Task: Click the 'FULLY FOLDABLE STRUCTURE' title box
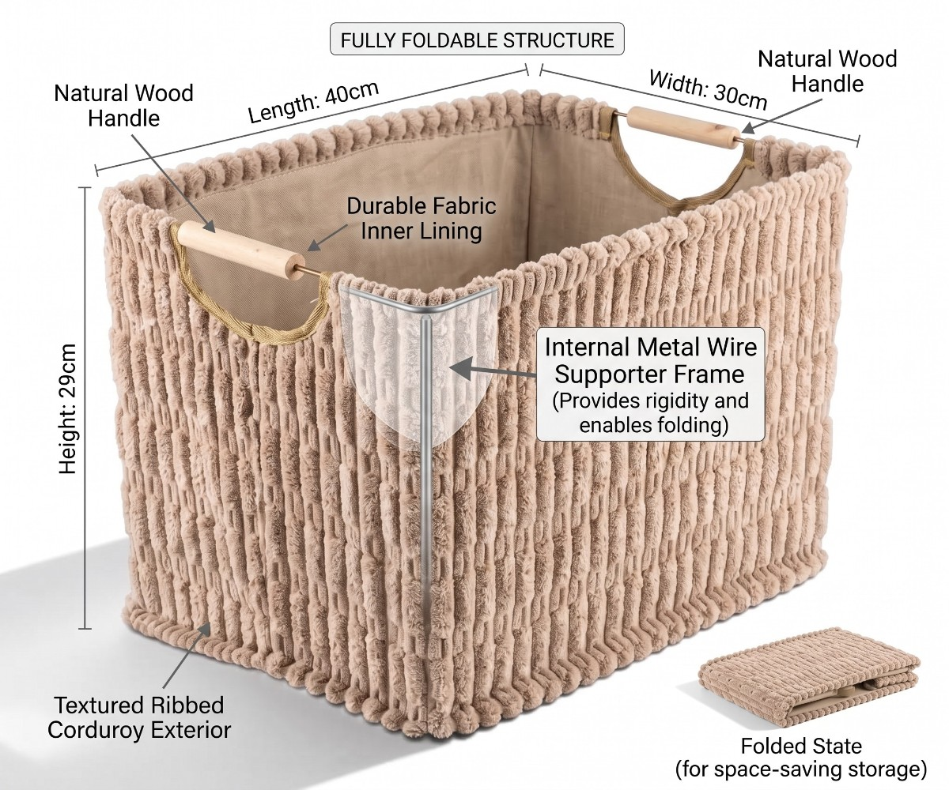[477, 39]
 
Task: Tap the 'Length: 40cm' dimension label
[314, 102]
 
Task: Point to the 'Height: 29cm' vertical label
[68, 408]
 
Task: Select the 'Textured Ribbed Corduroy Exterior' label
[139, 717]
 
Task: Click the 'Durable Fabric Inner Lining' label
[421, 218]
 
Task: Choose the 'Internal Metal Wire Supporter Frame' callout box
[650, 384]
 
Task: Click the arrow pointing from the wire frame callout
[497, 369]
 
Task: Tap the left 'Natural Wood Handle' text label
[123, 105]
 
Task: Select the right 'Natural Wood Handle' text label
[827, 71]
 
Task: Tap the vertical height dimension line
[85, 408]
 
